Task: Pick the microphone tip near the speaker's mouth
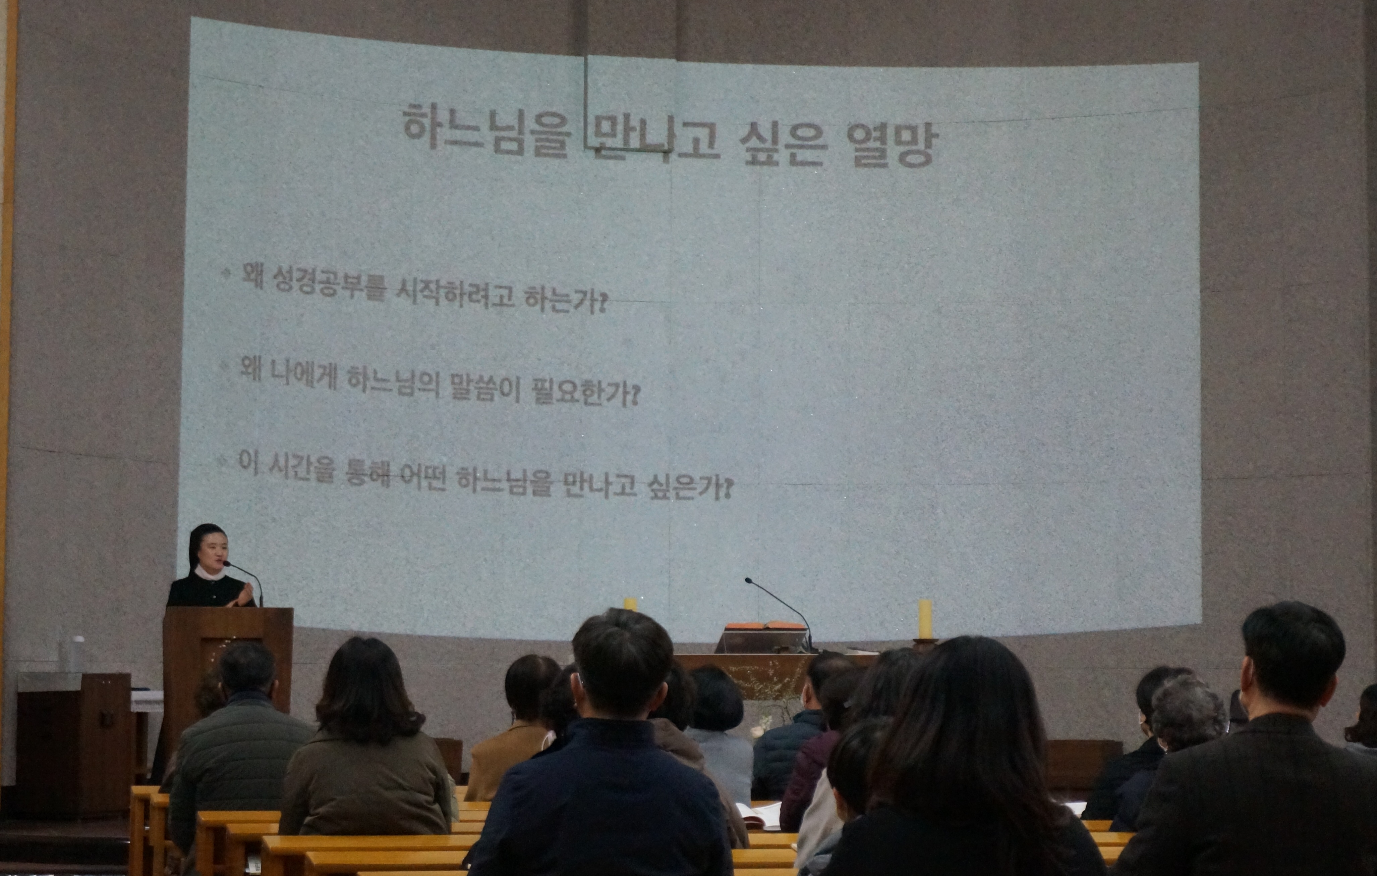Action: tap(226, 564)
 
